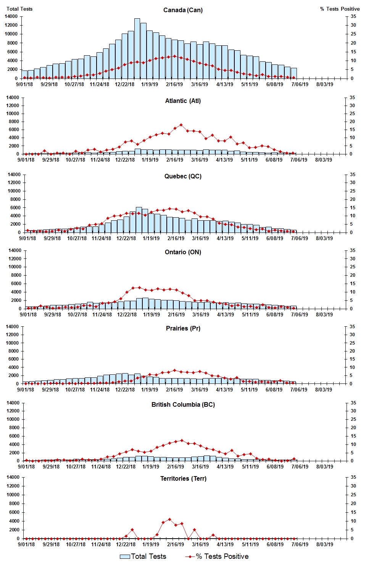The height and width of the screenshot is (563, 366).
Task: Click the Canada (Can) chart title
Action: tap(183, 10)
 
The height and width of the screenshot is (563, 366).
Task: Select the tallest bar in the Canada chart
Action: tap(137, 48)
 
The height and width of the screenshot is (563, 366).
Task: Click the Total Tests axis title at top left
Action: tap(19, 9)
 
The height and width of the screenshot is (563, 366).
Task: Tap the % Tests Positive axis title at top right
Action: tap(340, 9)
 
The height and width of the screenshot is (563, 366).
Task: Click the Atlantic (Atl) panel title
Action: tap(183, 101)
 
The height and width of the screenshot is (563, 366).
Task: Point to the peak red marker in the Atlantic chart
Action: tap(181, 125)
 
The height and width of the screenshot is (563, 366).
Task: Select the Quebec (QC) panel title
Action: tap(183, 176)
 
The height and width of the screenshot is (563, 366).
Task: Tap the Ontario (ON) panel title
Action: tap(183, 252)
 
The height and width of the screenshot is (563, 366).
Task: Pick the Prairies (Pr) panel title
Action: tap(183, 328)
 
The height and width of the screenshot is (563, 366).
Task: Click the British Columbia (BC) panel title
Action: tap(183, 404)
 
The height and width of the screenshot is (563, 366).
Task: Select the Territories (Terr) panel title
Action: tap(183, 478)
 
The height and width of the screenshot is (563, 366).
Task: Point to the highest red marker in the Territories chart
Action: tap(169, 519)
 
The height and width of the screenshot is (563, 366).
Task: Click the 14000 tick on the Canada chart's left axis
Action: tap(11, 16)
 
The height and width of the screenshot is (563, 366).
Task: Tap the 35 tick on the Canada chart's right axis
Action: tap(353, 16)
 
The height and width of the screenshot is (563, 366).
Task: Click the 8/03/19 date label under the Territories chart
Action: tap(324, 544)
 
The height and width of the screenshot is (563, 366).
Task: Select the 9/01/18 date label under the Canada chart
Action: tap(24, 84)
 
